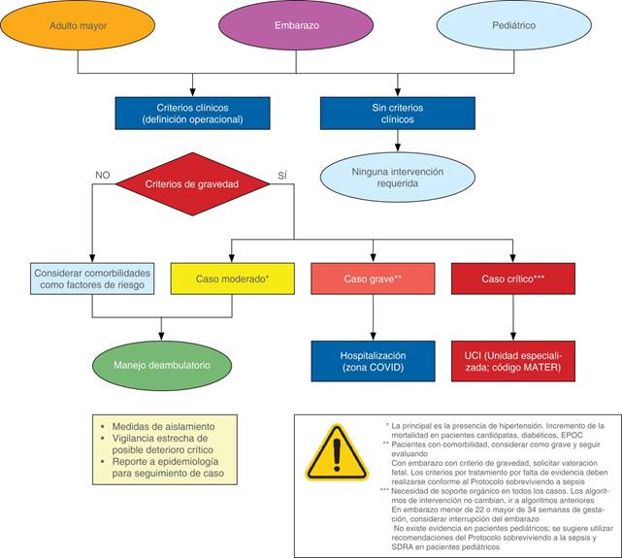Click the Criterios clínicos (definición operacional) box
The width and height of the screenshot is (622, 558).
coord(192,113)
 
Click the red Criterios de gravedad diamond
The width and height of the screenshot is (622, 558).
coord(193,183)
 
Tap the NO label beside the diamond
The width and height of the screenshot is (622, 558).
coord(103,176)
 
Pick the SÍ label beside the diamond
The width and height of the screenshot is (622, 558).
coord(282,176)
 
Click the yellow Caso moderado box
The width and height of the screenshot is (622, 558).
coord(232,279)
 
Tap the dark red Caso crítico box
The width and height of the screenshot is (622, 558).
coord(512,279)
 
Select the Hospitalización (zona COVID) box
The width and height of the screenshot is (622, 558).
coord(373,361)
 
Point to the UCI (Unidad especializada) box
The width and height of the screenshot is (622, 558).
coord(512,361)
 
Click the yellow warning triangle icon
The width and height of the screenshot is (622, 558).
coord(337,453)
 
